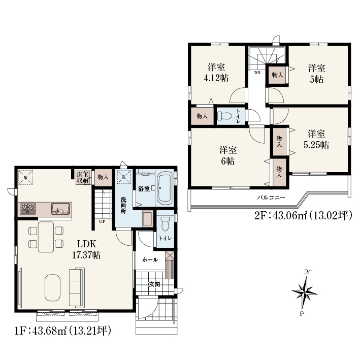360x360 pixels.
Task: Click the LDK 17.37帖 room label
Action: pos(86,249)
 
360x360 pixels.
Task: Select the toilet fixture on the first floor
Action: pos(165,223)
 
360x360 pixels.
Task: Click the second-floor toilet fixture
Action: pos(225,115)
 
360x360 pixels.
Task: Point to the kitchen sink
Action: pos(60,209)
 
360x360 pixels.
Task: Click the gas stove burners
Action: pos(27,209)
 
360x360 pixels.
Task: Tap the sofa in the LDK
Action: pos(77,287)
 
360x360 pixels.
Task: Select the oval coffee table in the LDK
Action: pos(53,287)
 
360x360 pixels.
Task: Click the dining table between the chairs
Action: pos(46,237)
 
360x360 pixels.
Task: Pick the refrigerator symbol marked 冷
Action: pos(25,177)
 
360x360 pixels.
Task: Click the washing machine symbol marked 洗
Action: pos(124,177)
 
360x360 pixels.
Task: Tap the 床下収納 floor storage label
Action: pos(83,178)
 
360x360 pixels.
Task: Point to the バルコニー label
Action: pos(271,198)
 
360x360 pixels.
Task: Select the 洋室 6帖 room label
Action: pos(228,156)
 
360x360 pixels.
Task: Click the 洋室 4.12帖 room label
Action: pos(216,73)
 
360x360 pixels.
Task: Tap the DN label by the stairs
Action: pos(257,73)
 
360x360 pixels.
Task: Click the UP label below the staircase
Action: pos(102,221)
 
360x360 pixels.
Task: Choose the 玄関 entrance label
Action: pos(154,284)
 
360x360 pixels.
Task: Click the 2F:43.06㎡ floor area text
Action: pos(281,216)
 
